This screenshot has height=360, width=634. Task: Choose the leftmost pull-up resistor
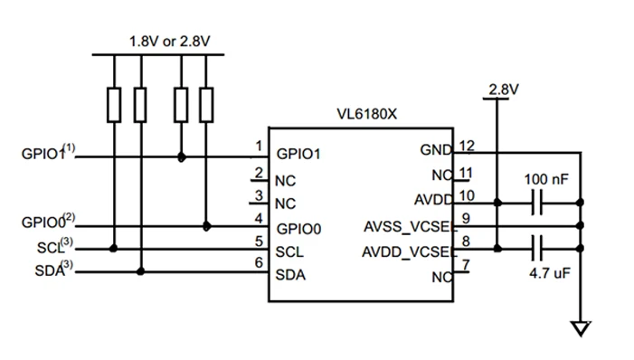point(114,105)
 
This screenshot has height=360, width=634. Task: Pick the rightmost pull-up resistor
point(207,105)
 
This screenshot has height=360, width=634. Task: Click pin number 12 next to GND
point(467,146)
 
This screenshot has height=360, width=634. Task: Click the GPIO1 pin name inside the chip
point(299,154)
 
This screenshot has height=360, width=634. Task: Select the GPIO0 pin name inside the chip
point(299,226)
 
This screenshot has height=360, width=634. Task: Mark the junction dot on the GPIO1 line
point(182,156)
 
